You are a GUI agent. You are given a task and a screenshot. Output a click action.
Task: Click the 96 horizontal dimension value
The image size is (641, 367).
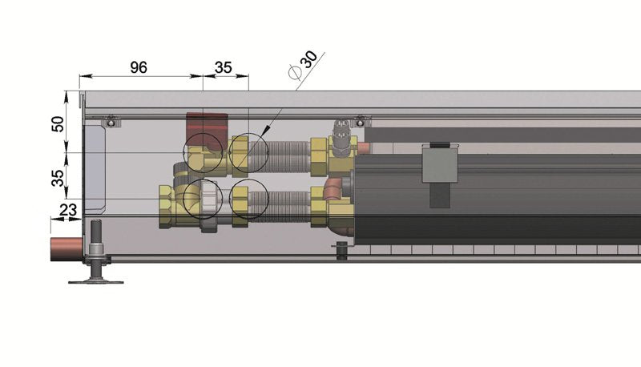pos(139,68)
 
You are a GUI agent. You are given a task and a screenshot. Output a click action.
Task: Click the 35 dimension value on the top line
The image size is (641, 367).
pos(224,68)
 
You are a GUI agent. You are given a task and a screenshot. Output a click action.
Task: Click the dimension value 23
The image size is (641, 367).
pos(68,210)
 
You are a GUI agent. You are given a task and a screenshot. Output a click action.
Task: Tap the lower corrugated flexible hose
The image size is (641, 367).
pos(281,204)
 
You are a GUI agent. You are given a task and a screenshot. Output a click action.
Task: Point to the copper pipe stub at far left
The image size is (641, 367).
pos(65,246)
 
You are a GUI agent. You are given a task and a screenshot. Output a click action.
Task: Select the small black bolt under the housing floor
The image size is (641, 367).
pos(342,252)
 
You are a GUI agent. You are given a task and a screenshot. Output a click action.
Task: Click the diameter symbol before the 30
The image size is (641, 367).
pos(294,72)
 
